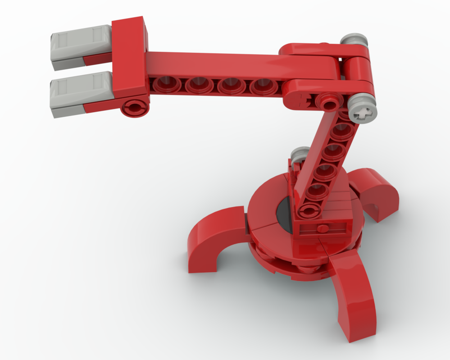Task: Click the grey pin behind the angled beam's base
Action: pos(299,155)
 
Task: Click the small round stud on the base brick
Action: pos(323,228)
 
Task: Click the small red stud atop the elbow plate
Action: pos(325,44)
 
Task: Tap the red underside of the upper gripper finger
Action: pos(96,60)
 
